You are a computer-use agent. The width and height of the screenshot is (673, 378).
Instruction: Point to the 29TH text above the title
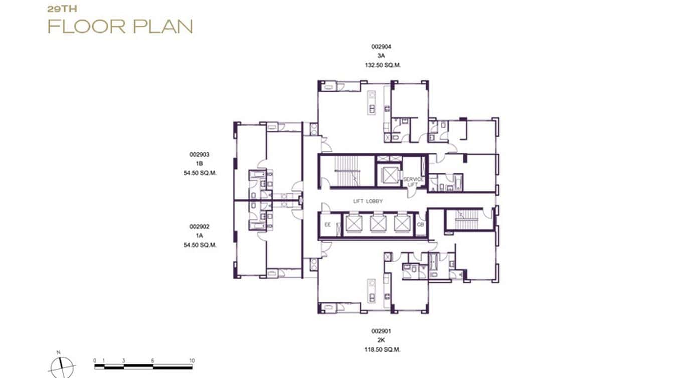point(62,9)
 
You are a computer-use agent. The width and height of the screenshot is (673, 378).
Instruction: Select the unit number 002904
point(381,47)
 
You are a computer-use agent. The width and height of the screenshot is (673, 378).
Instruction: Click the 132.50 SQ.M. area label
point(383,65)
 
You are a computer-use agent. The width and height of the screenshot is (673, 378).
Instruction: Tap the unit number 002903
point(199,155)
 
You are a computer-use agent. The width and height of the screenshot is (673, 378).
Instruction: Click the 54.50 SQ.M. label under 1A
point(199,245)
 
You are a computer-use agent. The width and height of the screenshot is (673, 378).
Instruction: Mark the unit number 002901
point(381,331)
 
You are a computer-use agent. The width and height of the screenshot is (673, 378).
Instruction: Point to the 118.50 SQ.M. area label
point(383,350)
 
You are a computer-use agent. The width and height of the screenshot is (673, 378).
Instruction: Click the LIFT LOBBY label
point(367,201)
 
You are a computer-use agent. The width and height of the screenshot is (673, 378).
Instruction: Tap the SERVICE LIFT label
point(414,182)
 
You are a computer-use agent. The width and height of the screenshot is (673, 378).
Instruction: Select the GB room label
point(421,225)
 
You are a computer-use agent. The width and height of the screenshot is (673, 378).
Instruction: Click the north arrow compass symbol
point(62,367)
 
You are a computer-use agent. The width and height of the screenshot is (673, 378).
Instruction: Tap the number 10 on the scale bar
point(192,361)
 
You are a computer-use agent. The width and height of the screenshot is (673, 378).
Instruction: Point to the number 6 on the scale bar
point(153,361)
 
